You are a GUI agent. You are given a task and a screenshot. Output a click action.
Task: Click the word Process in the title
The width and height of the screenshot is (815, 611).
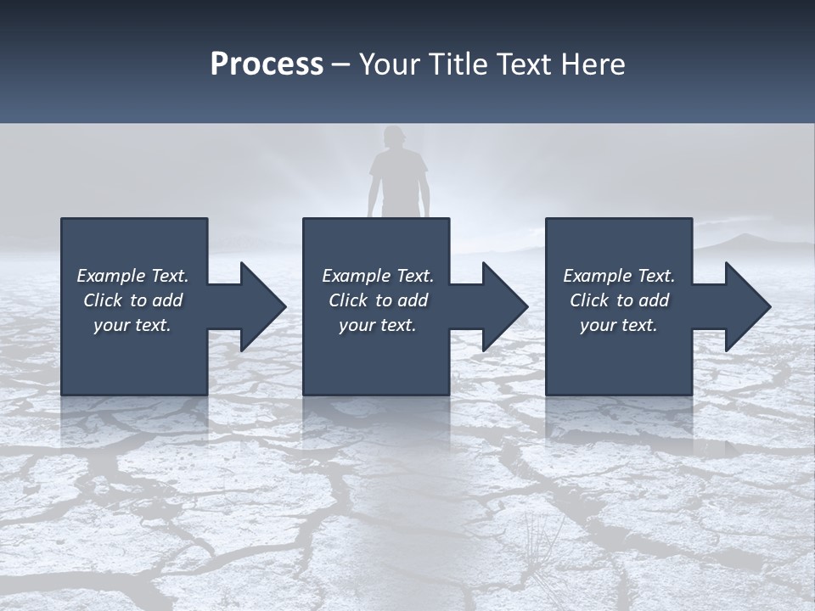point(267,64)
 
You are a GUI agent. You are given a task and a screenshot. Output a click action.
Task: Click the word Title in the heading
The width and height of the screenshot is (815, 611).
point(455,64)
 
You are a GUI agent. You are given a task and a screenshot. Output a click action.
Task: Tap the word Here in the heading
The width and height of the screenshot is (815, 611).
point(591,64)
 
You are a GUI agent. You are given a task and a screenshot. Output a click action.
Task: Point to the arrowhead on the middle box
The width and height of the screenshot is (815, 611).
point(503,306)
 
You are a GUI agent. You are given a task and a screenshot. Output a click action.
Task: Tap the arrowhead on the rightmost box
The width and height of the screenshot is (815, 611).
point(746,306)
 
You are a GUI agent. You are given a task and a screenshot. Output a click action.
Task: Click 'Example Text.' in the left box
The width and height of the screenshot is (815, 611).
point(132,276)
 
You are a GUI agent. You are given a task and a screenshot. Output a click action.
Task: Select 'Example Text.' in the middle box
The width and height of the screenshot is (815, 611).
point(377,276)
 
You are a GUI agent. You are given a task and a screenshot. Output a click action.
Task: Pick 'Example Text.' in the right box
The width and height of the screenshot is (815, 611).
point(619,276)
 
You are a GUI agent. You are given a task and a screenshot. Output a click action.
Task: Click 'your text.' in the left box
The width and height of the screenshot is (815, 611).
point(132,325)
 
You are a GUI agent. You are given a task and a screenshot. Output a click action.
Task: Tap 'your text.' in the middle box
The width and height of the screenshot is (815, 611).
point(377,325)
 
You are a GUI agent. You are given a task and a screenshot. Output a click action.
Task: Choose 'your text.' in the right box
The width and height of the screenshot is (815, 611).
point(619,325)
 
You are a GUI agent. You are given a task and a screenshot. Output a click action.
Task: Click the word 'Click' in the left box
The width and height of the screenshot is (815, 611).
point(103,300)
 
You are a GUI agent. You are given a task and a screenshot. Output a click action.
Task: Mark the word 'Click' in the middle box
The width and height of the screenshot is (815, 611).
point(348,300)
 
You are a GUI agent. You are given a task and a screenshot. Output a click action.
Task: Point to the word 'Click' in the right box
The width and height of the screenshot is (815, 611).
point(589,300)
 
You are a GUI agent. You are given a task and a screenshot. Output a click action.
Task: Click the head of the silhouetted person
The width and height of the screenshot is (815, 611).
point(394,138)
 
